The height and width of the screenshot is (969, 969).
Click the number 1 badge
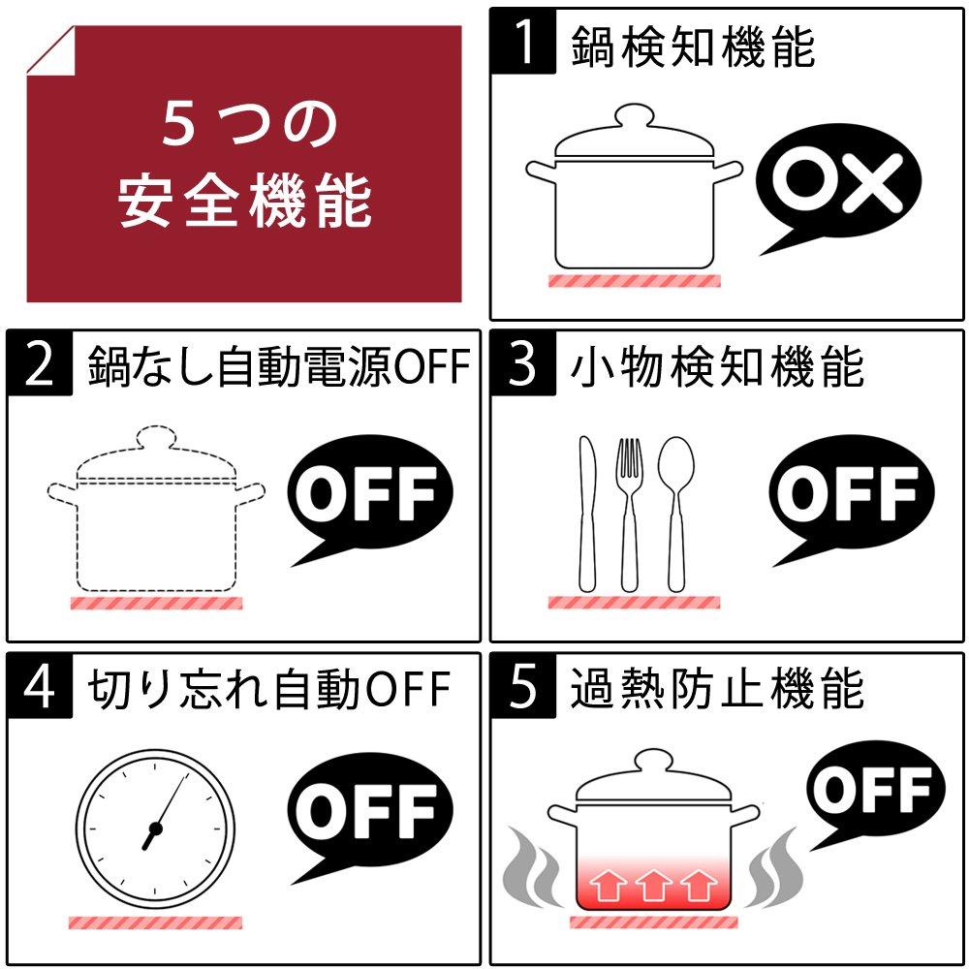(x=523, y=41)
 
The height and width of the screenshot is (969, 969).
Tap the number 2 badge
(x=40, y=362)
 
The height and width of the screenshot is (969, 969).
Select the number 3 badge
(x=523, y=362)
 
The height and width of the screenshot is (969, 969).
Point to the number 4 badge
(x=40, y=685)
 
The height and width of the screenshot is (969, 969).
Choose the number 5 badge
(x=523, y=685)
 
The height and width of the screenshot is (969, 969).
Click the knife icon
(x=587, y=515)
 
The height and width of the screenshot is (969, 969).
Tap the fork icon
(x=629, y=516)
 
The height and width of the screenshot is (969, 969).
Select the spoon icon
(x=676, y=515)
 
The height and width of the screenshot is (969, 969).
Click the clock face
(x=156, y=828)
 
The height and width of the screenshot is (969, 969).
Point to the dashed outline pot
(x=156, y=508)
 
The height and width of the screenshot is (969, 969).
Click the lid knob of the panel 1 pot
(x=634, y=115)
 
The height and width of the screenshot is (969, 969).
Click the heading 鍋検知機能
(x=692, y=47)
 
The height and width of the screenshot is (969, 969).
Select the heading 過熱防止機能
(x=717, y=688)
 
